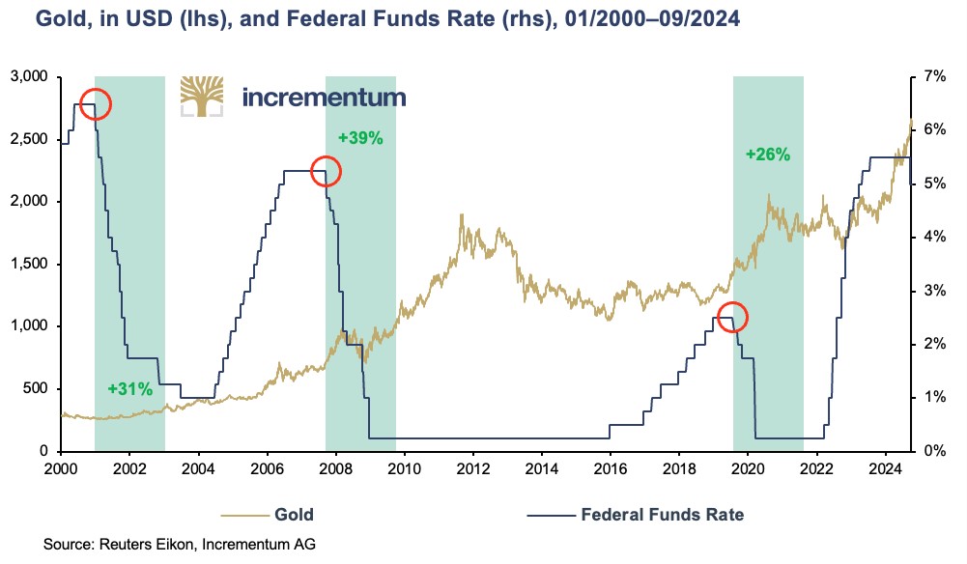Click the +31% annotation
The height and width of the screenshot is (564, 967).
pos(130,389)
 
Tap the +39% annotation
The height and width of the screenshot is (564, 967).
pos(360,138)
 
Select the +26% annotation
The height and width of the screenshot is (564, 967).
pos(768,154)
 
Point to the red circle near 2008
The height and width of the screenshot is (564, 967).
pos(326,172)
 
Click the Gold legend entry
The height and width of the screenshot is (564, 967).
pos(294,514)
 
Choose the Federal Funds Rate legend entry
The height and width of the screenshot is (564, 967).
pos(662,514)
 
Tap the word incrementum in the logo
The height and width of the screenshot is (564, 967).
pos(324,98)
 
